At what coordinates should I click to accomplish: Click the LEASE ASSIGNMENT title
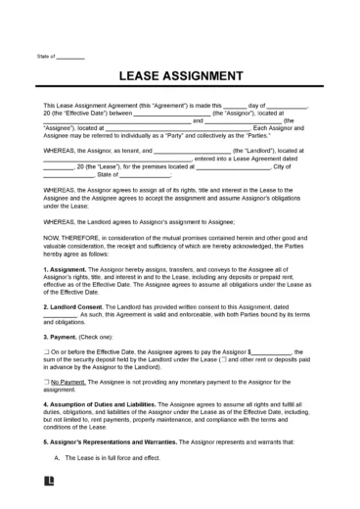(x=180, y=75)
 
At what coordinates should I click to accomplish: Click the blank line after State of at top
(x=70, y=56)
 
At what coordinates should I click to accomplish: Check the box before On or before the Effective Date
(x=47, y=351)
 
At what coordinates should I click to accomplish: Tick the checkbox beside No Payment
(x=47, y=381)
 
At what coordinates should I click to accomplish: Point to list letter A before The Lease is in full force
(x=57, y=457)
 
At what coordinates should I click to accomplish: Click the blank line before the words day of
(x=235, y=105)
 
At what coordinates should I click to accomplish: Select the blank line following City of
(x=302, y=166)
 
